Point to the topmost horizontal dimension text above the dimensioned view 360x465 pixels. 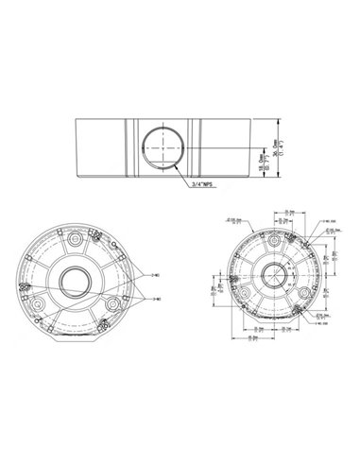pos(281,208)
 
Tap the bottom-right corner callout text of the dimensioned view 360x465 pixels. pos(324,320)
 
